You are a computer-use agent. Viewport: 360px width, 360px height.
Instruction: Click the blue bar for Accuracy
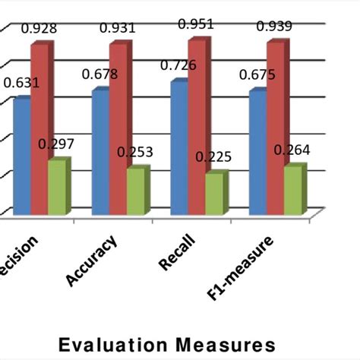(x=100, y=152)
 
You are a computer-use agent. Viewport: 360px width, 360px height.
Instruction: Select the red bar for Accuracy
(x=118, y=129)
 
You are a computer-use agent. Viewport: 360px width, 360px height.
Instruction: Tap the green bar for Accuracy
(x=134, y=191)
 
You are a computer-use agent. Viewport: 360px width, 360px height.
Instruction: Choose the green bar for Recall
(x=213, y=193)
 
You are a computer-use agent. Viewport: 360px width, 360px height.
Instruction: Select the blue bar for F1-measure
(x=257, y=152)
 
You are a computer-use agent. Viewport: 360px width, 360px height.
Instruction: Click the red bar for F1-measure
(x=274, y=128)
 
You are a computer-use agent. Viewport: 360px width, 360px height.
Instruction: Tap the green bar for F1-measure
(x=292, y=189)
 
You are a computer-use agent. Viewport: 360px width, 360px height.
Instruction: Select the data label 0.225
(x=213, y=157)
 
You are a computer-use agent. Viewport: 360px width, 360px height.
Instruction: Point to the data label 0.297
(x=57, y=144)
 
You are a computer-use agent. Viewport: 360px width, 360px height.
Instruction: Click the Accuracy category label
(x=91, y=261)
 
